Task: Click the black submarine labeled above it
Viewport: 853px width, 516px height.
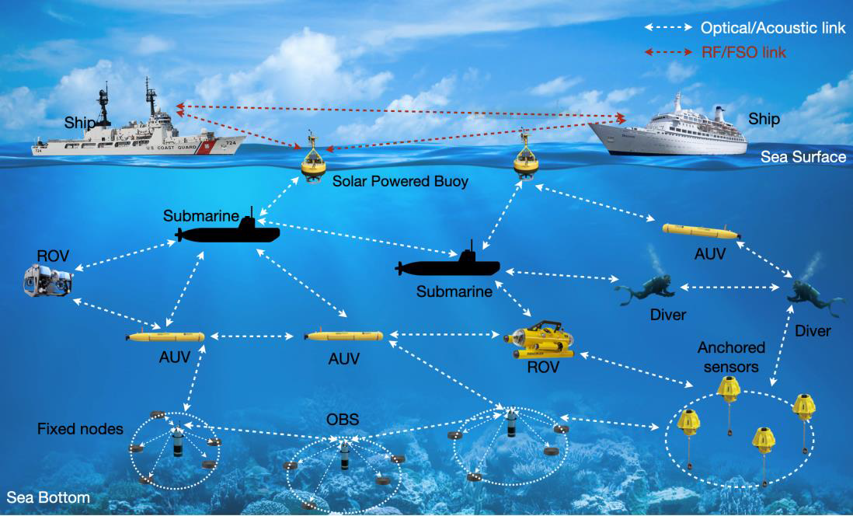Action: click(229, 232)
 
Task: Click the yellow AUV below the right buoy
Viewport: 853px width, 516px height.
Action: click(699, 231)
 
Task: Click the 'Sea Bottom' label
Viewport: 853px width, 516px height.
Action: click(48, 497)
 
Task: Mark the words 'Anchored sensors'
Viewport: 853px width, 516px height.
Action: click(731, 356)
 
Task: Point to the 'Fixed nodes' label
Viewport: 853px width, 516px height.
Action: click(80, 428)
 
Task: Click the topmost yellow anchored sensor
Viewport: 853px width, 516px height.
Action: click(728, 389)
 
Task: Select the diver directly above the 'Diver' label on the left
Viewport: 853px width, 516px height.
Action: click(646, 290)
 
